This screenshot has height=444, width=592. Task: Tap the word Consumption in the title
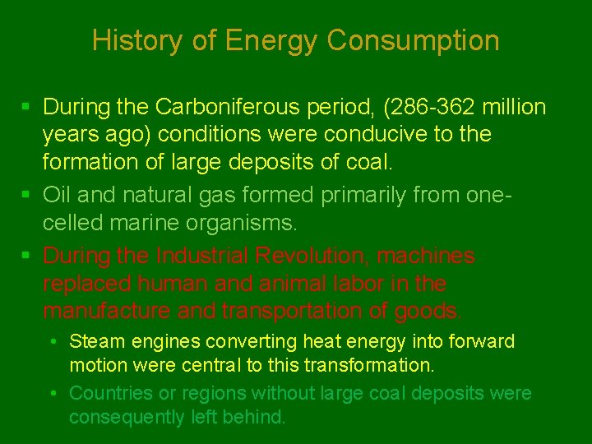(413, 40)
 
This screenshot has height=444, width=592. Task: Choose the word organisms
(254, 221)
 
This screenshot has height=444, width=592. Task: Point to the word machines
(425, 257)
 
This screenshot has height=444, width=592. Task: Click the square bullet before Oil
(27, 195)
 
